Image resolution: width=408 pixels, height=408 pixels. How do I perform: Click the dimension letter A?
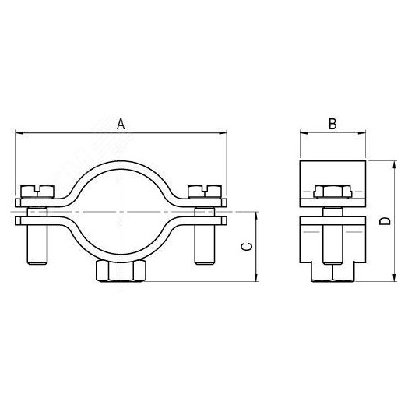click(121, 123)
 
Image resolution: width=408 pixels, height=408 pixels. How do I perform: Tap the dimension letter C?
click(245, 246)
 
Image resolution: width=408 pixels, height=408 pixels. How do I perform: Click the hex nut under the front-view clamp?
click(121, 271)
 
